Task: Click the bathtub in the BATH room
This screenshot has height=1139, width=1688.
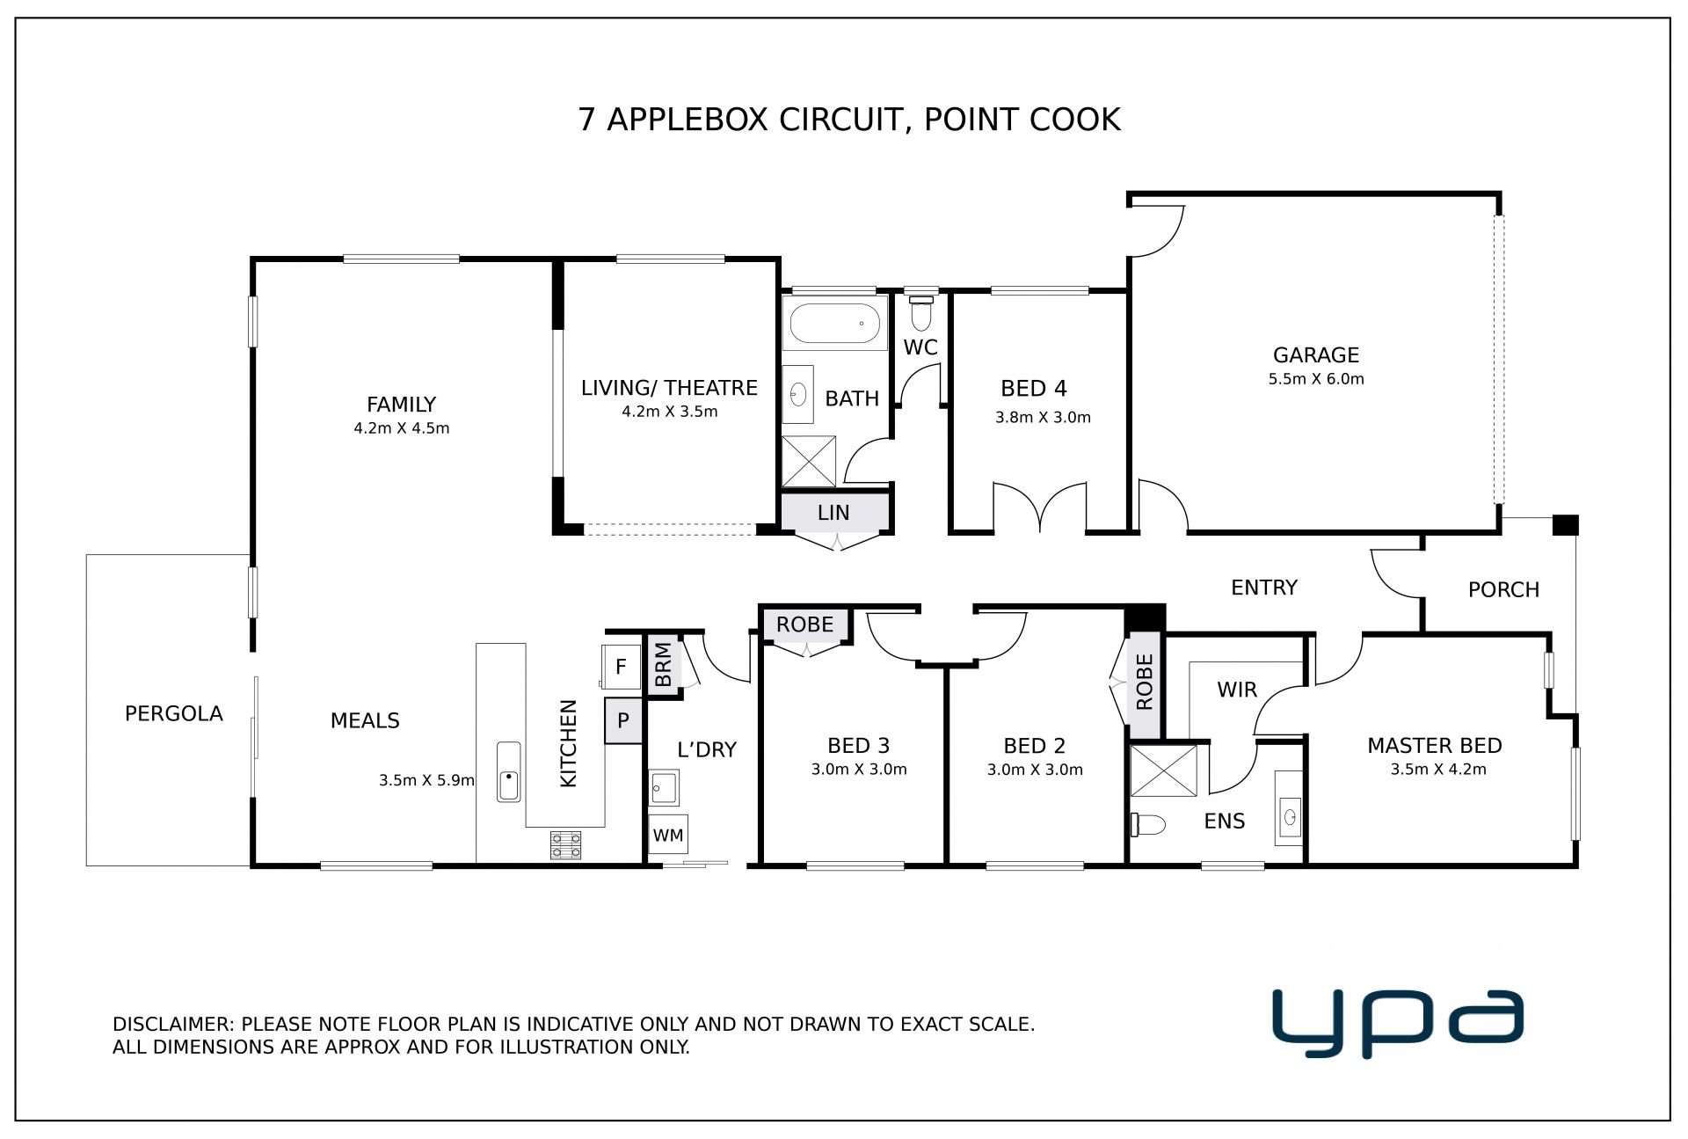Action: [x=834, y=324]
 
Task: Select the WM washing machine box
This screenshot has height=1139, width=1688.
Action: [x=668, y=835]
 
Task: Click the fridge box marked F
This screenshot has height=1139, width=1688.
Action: [x=620, y=667]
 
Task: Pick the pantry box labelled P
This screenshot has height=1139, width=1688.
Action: [x=623, y=721]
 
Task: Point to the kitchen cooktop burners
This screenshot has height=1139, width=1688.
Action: [x=565, y=844]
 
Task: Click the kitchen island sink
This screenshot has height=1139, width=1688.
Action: [x=508, y=771]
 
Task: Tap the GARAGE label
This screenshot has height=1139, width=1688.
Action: [x=1316, y=355]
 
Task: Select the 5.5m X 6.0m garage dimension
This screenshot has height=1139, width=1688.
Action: [x=1316, y=379]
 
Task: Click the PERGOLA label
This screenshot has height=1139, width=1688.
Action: [x=174, y=713]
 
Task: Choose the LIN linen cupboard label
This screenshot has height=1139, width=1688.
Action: [x=833, y=513]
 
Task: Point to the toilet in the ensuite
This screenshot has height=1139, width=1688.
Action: [x=1147, y=824]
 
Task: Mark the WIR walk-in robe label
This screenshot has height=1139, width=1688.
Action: [x=1237, y=690]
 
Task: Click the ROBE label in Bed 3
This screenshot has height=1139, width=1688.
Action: [x=804, y=624]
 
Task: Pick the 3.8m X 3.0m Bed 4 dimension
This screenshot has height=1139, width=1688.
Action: [x=1043, y=418]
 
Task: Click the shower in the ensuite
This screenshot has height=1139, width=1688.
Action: [x=1163, y=770]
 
